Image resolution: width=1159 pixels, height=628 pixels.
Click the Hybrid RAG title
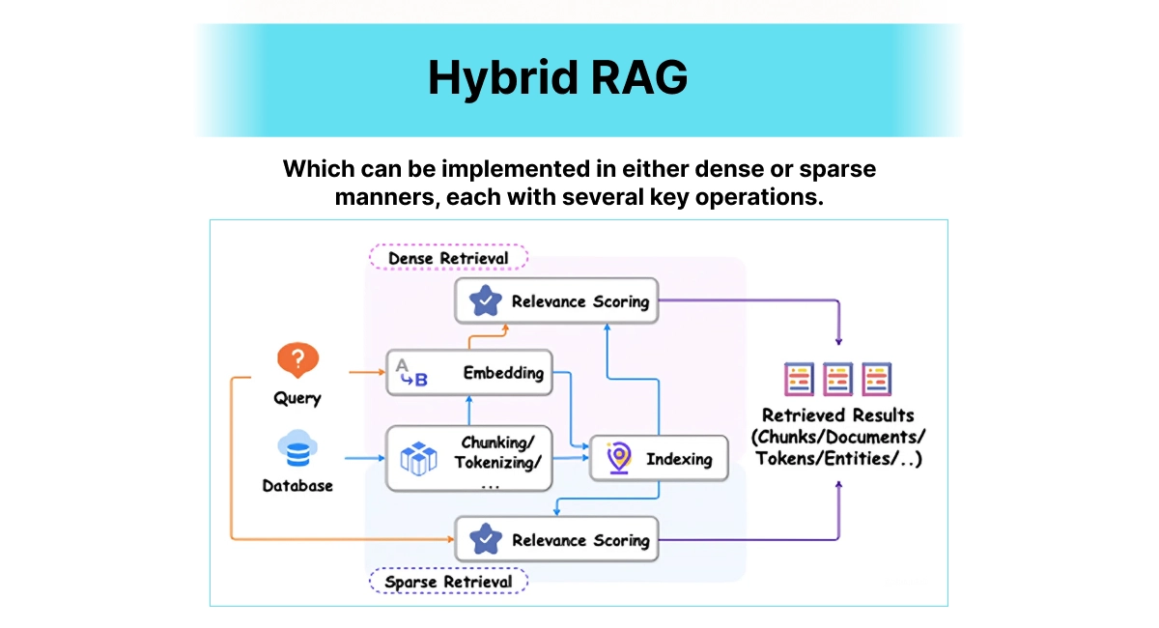(x=557, y=78)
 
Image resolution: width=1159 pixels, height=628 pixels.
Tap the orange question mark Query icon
(x=297, y=361)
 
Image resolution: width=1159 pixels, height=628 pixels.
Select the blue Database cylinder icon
(x=297, y=450)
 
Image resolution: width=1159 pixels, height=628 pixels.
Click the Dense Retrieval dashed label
(x=448, y=258)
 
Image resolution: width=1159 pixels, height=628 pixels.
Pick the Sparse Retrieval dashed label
(x=448, y=582)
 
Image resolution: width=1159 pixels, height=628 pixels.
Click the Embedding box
(x=469, y=373)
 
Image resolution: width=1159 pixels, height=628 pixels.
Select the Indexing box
(x=658, y=459)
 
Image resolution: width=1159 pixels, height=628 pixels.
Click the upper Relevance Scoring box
(x=556, y=301)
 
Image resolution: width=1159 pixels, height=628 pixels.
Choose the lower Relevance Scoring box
(x=556, y=540)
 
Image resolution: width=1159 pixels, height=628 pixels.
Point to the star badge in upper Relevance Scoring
(x=485, y=301)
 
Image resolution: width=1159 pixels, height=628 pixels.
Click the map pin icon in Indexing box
(x=618, y=459)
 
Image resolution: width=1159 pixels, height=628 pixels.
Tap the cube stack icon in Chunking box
(x=418, y=458)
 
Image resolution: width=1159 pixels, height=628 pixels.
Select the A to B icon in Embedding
(x=409, y=373)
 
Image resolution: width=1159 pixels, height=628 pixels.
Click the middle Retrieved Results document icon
(x=837, y=380)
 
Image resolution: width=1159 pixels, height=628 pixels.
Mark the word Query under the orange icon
(x=297, y=398)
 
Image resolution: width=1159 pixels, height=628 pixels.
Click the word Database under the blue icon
(x=297, y=486)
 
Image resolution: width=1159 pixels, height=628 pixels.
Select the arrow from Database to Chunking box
(x=364, y=456)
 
